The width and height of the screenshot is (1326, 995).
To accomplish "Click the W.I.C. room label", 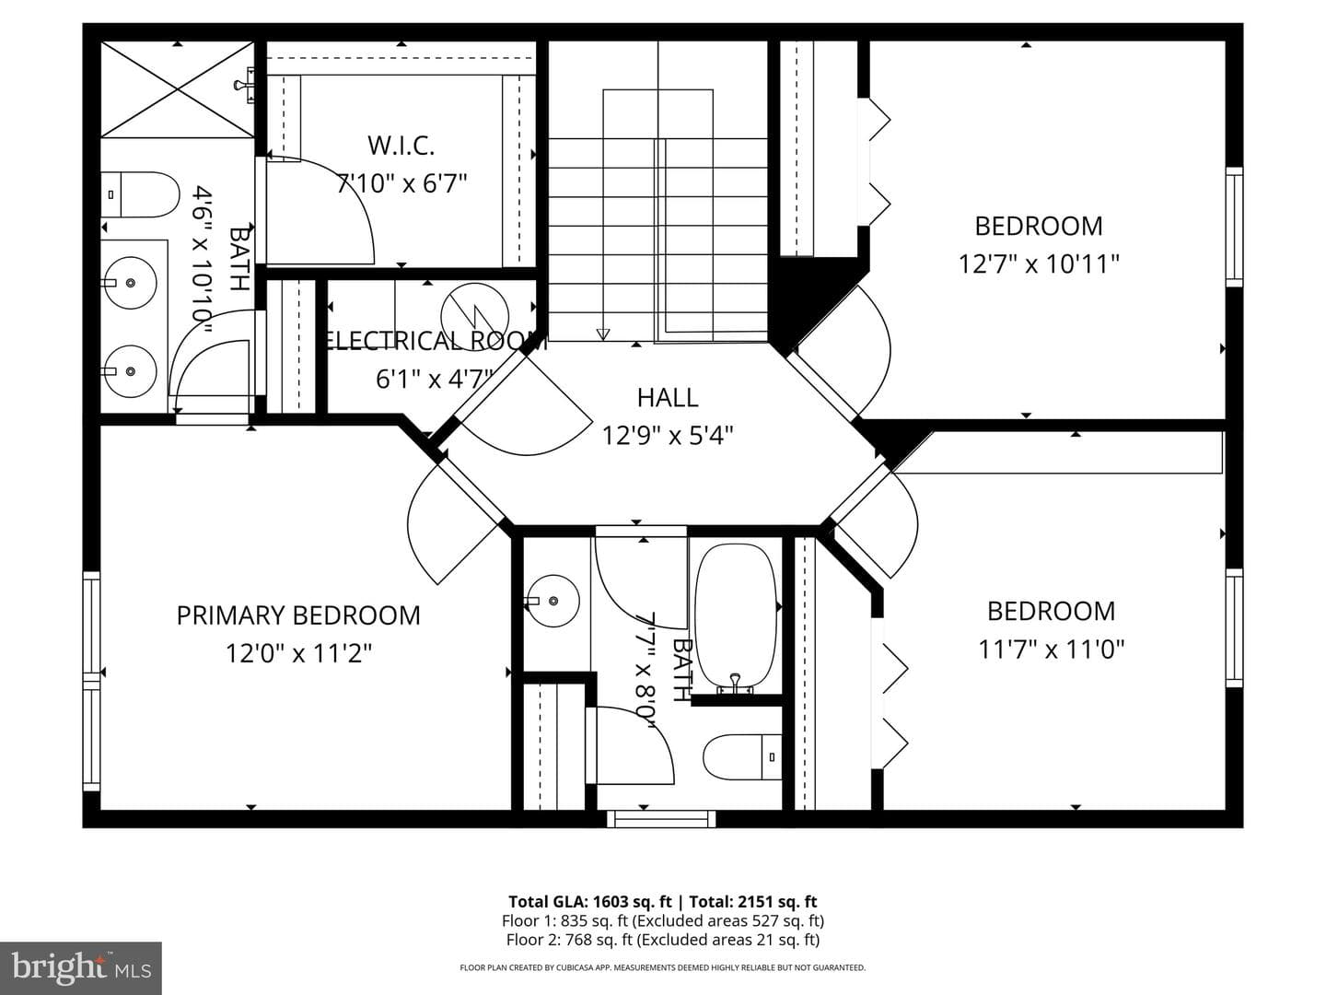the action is (401, 146).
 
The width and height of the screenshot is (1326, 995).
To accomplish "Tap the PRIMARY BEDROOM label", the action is (298, 615).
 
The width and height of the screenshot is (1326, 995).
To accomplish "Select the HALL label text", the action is (668, 397).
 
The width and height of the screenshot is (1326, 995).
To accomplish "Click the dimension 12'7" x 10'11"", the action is (1039, 264).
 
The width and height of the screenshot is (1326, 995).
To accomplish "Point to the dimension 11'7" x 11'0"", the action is (1052, 650).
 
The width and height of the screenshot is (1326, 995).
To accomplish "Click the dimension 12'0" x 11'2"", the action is (298, 653).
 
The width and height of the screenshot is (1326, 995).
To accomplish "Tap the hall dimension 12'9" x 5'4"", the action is (668, 435).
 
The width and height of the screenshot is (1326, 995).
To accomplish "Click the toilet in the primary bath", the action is (140, 194).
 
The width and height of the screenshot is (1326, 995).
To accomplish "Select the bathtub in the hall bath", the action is (736, 617).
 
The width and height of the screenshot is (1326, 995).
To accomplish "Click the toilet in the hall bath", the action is (742, 757).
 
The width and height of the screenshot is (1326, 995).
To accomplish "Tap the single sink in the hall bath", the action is (552, 601).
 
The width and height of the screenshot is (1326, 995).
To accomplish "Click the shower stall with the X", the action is (177, 89).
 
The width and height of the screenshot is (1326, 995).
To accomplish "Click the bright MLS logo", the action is (81, 967).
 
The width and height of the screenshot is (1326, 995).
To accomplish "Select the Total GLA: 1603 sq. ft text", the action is (589, 901).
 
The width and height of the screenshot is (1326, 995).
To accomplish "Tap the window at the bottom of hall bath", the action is (661, 819).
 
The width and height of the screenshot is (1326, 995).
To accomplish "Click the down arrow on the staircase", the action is (603, 334).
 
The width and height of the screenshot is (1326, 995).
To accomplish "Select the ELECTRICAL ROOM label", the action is (435, 341).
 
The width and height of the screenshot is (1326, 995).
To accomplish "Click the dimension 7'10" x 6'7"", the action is (402, 183).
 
